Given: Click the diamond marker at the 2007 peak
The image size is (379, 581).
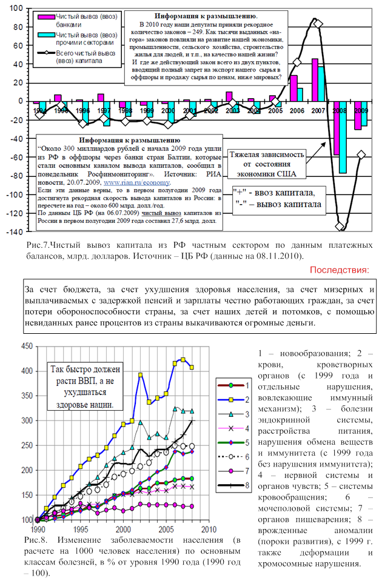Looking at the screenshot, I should coord(318,24).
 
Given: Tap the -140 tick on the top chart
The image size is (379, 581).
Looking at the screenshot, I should coord(16,232).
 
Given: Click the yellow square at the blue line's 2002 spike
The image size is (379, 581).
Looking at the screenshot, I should coord(141,375).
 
